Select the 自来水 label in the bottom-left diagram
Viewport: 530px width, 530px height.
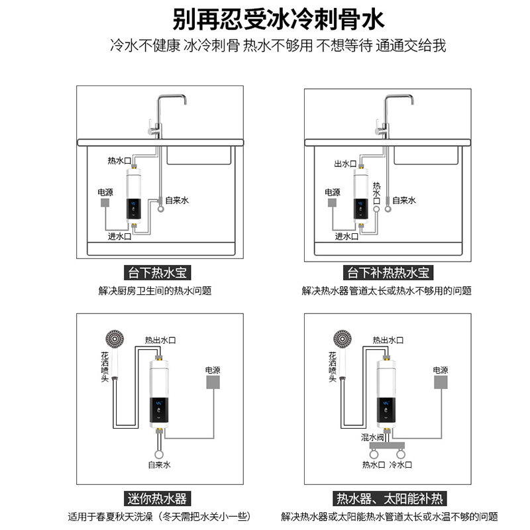pos(159,465)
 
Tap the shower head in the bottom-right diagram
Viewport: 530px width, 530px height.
pos(345,341)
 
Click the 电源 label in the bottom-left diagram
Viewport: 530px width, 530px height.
pos(212,370)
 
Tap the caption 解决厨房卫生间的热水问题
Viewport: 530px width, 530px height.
pos(155,291)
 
